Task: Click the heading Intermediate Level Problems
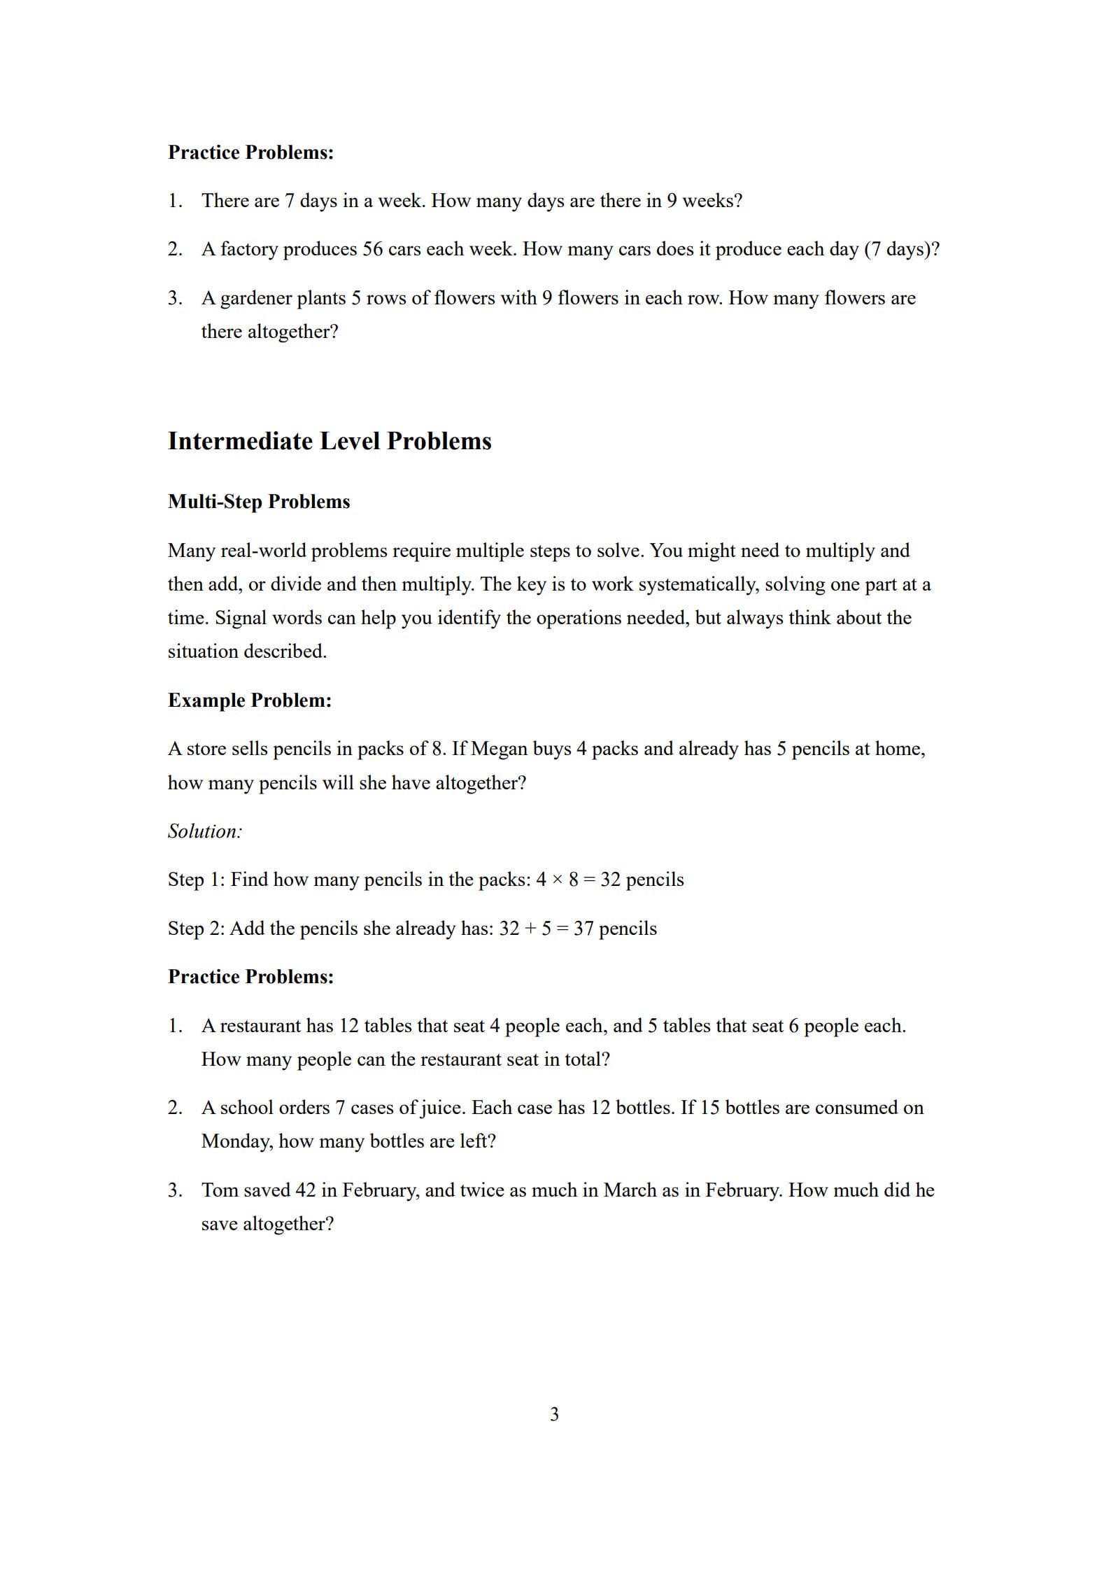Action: pyautogui.click(x=330, y=441)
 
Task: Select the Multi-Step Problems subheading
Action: pyautogui.click(x=259, y=502)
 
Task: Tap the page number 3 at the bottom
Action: pyautogui.click(x=555, y=1414)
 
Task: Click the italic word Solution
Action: pyautogui.click(x=204, y=831)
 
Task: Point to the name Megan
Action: pyautogui.click(x=500, y=749)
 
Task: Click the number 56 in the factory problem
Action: pyautogui.click(x=372, y=249)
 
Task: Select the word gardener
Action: pyautogui.click(x=256, y=298)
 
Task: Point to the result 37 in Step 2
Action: pyautogui.click(x=583, y=929)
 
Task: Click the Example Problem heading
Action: pyautogui.click(x=250, y=700)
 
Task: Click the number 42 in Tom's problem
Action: pyautogui.click(x=306, y=1190)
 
